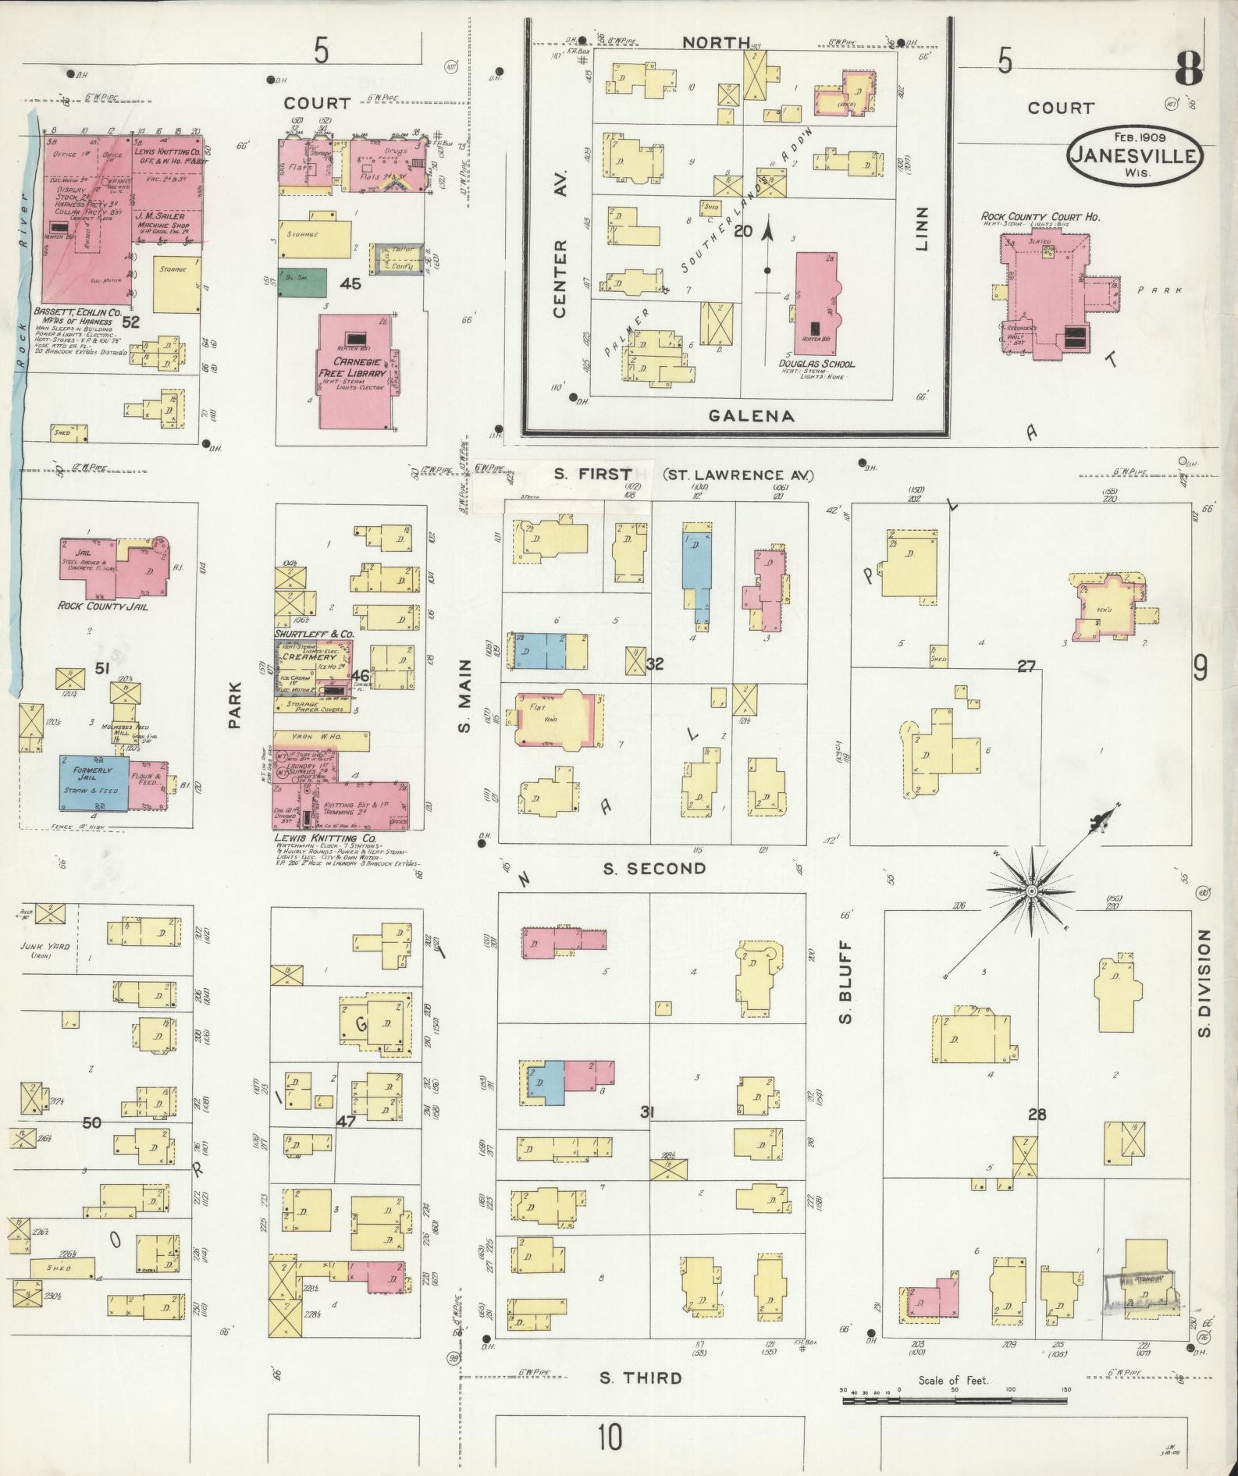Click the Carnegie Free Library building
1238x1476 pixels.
coord(356,372)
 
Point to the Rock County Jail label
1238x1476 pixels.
coord(103,605)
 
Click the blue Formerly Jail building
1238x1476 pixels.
coord(93,783)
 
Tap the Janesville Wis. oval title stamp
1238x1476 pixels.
coord(1135,155)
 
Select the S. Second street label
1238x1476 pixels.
coord(653,868)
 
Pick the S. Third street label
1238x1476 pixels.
coord(640,1378)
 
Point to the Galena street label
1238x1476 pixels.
coord(751,415)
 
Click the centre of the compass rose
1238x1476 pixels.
coord(1030,891)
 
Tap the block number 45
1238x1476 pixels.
coord(350,283)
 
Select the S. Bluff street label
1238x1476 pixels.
coord(846,980)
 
